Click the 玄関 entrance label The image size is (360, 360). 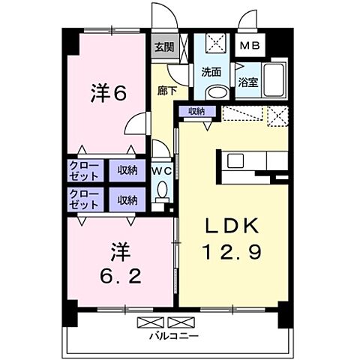(165, 46)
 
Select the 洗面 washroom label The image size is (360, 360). (211, 73)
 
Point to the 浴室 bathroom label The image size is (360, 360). (248, 82)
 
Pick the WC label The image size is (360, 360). (162, 170)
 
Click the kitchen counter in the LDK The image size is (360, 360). (252, 160)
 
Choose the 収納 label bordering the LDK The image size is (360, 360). (196, 111)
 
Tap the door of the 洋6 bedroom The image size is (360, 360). (137, 124)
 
